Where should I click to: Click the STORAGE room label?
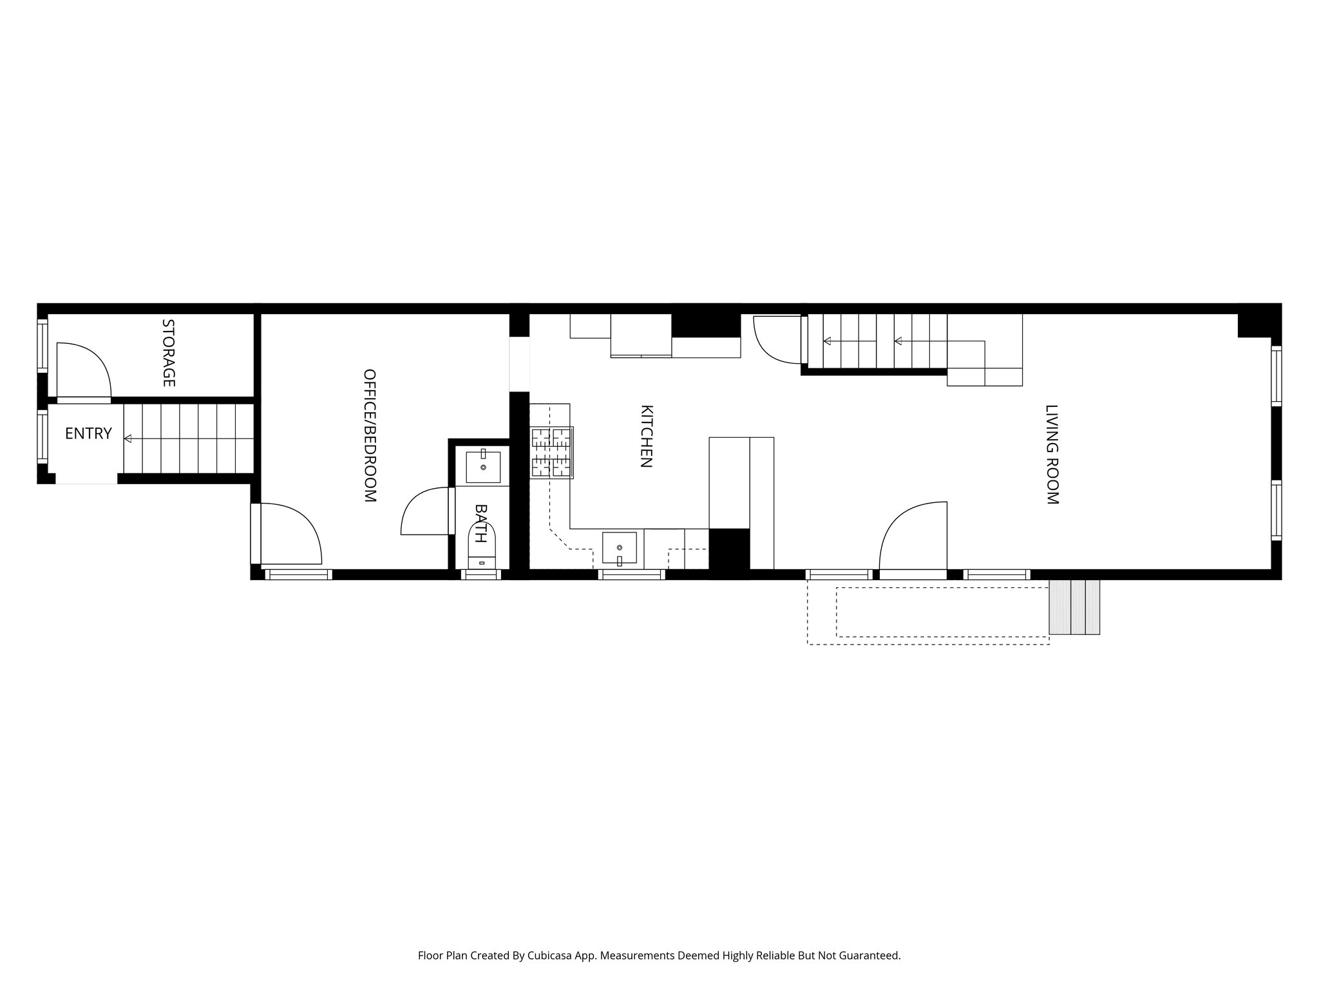(x=168, y=353)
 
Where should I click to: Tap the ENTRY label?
(x=88, y=434)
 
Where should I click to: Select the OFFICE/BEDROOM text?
(x=370, y=435)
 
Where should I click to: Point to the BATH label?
(x=480, y=523)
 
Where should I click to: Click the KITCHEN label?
(x=647, y=436)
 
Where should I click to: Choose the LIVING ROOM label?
(x=1051, y=455)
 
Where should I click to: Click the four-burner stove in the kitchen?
(x=552, y=453)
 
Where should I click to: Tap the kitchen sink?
(x=619, y=547)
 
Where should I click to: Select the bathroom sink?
(x=482, y=467)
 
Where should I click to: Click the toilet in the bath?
(x=482, y=547)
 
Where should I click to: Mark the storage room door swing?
(x=84, y=370)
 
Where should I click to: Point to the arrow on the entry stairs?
(x=128, y=438)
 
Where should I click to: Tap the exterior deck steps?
(x=1074, y=607)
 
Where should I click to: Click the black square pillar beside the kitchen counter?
(x=729, y=549)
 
